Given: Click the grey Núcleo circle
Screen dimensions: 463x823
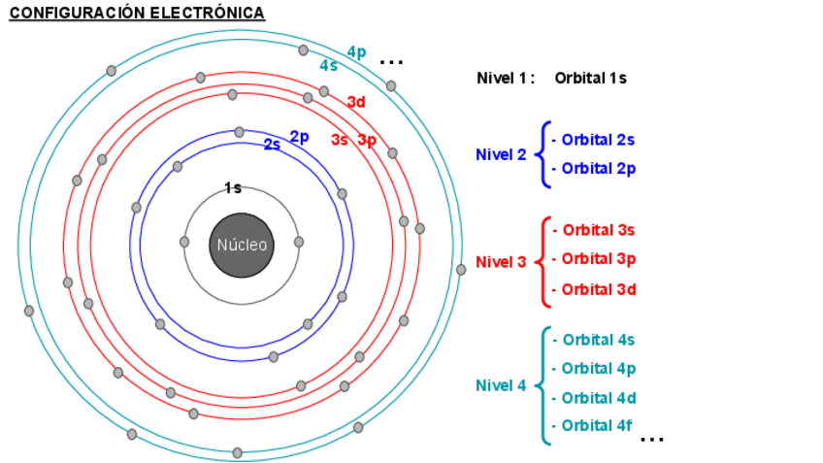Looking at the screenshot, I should (242, 245).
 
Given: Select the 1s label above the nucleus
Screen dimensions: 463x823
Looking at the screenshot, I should (233, 188).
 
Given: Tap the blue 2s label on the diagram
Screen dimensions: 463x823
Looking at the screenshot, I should (272, 146).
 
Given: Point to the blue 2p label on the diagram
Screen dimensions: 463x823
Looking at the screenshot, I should (299, 137).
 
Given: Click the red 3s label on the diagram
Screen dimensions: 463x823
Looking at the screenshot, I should (339, 140).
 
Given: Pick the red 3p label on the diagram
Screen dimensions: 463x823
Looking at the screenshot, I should (367, 140).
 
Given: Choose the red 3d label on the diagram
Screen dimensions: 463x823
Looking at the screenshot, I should (356, 102).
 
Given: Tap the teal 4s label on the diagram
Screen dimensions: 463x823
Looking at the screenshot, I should (329, 66).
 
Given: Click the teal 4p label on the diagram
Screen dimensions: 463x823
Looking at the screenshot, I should (356, 52).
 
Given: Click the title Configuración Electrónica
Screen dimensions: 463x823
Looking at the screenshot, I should (137, 13).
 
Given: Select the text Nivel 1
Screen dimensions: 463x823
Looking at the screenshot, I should (506, 78).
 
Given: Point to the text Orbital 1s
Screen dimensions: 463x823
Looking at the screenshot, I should (590, 78).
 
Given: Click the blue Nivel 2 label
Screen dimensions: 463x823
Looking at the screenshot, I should (501, 154).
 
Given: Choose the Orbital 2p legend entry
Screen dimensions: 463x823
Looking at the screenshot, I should (594, 169).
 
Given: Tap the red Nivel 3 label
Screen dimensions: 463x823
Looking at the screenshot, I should (501, 262).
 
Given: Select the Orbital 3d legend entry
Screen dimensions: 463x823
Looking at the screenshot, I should (594, 289).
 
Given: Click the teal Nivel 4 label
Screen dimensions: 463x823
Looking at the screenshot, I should (501, 385).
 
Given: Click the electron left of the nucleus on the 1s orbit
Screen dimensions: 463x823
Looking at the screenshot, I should (184, 242).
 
